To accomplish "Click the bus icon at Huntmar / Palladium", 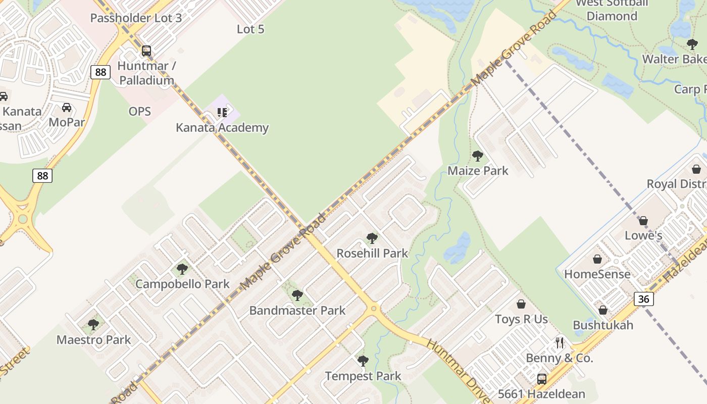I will [146, 51].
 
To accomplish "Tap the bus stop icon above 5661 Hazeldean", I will [542, 379].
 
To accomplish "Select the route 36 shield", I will [643, 299].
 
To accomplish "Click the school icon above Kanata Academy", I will [222, 112].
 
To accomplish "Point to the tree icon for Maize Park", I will [477, 156].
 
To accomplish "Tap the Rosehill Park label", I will [372, 253].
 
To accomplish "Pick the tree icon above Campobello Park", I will [182, 269].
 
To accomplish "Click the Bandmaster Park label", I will [297, 311].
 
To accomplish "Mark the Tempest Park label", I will [363, 376].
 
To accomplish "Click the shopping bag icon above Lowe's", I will [643, 221].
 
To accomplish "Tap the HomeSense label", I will [597, 274].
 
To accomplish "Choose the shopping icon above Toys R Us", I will [521, 305].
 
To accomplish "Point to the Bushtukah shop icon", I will [603, 310].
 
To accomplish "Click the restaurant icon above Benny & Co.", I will [560, 343].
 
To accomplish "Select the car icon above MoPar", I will [67, 108].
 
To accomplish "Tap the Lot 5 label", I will [250, 29].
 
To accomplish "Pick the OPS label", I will [140, 111].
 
